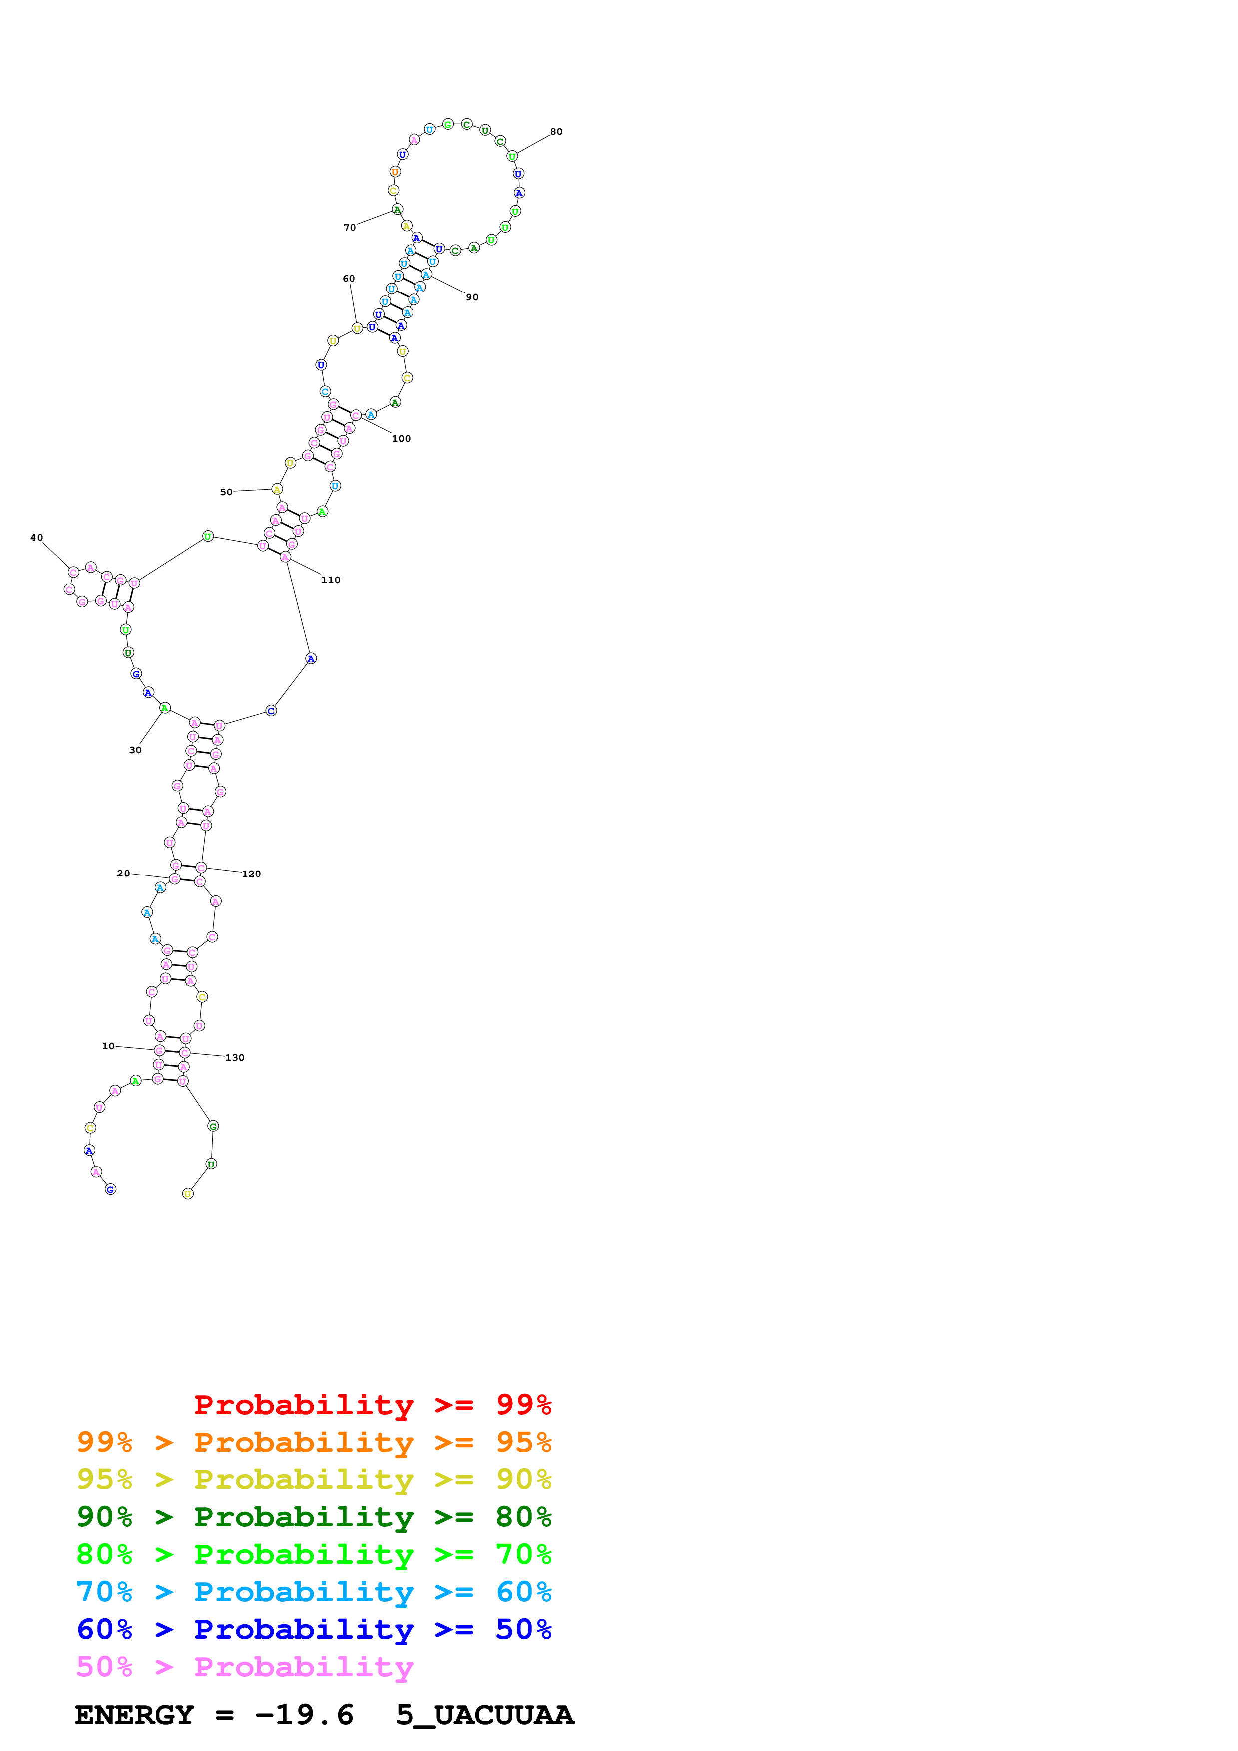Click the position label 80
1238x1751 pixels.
coord(556,132)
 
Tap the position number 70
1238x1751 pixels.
coord(350,227)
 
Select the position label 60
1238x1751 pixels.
coord(349,279)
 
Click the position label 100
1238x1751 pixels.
coord(401,439)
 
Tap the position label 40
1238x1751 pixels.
coord(36,538)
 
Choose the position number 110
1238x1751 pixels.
coord(330,580)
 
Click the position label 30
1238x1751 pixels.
coord(135,750)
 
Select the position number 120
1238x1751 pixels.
coord(251,874)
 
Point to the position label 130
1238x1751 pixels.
coord(234,1058)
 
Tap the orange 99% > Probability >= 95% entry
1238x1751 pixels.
coord(314,1442)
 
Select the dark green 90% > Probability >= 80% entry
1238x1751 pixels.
coord(314,1517)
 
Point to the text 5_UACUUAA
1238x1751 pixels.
coord(484,1715)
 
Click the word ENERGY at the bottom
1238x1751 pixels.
coord(134,1715)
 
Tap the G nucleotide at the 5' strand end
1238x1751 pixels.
coord(110,1189)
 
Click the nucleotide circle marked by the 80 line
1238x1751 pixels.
coord(512,156)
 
